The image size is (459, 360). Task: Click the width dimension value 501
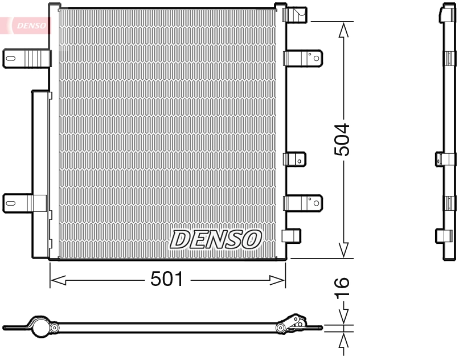pyautogui.click(x=167, y=279)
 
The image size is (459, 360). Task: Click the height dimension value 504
pyautogui.click(x=342, y=140)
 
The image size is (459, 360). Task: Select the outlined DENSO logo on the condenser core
pyautogui.click(x=215, y=239)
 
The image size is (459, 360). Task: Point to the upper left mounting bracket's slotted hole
pyautogui.click(x=11, y=58)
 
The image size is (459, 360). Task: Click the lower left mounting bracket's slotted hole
pyautogui.click(x=11, y=202)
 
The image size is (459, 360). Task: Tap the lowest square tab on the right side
pyautogui.click(x=292, y=236)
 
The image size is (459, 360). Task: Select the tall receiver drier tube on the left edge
pyautogui.click(x=40, y=171)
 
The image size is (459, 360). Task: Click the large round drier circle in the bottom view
pyautogui.click(x=39, y=328)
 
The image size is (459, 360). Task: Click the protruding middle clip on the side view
pyautogui.click(x=445, y=159)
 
